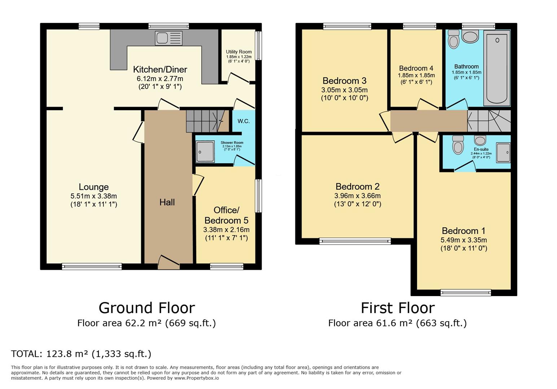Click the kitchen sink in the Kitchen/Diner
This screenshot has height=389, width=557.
[x=169, y=39]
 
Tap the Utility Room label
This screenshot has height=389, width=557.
[x=238, y=52]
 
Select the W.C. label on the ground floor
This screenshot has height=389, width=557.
[x=244, y=121]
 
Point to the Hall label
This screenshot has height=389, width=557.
[x=167, y=202]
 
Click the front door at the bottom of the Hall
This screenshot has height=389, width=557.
[x=168, y=262]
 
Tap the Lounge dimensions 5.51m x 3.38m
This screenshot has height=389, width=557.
[x=94, y=196]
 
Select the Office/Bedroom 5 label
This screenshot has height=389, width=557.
[x=226, y=215]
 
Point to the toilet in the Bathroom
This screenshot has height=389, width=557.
[x=453, y=39]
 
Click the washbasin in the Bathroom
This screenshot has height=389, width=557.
[x=470, y=36]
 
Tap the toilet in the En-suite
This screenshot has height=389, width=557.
[x=458, y=145]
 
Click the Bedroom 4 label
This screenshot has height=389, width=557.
[x=416, y=68]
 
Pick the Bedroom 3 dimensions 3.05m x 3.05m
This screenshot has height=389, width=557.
[x=345, y=90]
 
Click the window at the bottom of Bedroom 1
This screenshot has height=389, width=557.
[x=465, y=292]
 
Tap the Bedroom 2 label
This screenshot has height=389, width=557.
[x=357, y=187]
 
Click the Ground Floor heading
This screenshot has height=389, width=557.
[x=146, y=308]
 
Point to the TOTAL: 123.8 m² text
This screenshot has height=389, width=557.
[x=81, y=354]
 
